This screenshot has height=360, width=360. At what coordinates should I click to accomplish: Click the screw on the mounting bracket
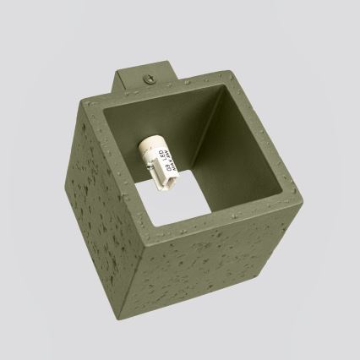151,79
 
